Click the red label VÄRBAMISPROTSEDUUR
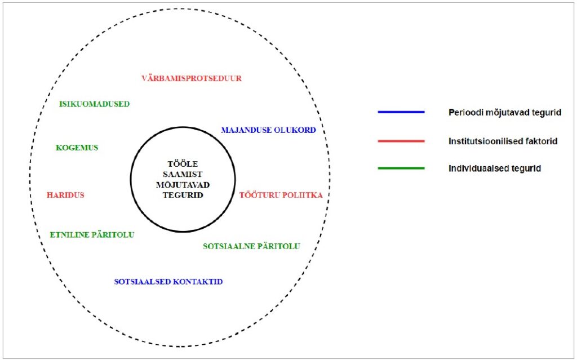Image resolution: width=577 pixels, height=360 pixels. [x=192, y=79]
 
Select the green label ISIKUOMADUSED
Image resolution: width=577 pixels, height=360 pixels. [x=95, y=104]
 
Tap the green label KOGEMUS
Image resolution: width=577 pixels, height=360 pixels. [x=77, y=148]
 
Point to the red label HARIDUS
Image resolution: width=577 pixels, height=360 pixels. [x=65, y=195]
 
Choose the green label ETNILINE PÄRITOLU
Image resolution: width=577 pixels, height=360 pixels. [x=92, y=234]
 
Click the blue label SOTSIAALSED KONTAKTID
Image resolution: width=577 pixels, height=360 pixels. [x=168, y=282]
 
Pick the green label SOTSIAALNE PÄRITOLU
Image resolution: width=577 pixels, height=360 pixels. [x=251, y=246]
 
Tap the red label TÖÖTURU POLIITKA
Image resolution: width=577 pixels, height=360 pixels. [x=281, y=195]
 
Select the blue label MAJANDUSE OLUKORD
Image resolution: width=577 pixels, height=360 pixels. [x=268, y=130]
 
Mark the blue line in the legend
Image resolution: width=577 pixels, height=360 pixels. [x=401, y=112]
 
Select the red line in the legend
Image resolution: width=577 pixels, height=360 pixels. [x=401, y=141]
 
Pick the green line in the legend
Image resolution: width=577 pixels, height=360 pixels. [x=401, y=168]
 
